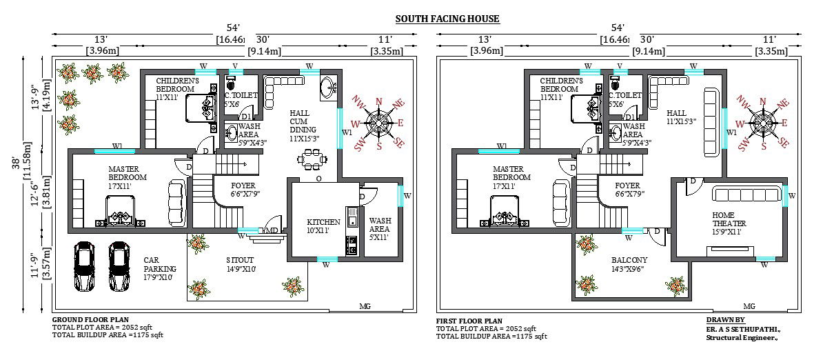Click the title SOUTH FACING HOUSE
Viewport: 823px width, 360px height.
click(x=447, y=19)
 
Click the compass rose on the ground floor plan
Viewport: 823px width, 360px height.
click(x=378, y=123)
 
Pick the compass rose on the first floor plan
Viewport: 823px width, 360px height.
click(x=763, y=123)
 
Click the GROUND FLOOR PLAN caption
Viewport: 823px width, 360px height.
click(x=90, y=321)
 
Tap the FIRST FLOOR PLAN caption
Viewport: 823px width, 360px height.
click(x=469, y=321)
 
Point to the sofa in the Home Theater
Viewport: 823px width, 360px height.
click(x=748, y=193)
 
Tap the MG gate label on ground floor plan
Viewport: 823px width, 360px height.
click(x=365, y=306)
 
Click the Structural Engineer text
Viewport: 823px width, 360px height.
click(x=742, y=338)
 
